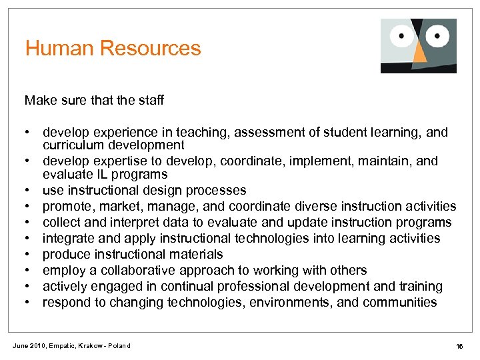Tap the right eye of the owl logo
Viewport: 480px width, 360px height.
(x=437, y=35)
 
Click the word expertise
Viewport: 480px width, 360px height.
(x=119, y=161)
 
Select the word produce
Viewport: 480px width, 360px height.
(x=66, y=254)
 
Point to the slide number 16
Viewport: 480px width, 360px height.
(x=459, y=346)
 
